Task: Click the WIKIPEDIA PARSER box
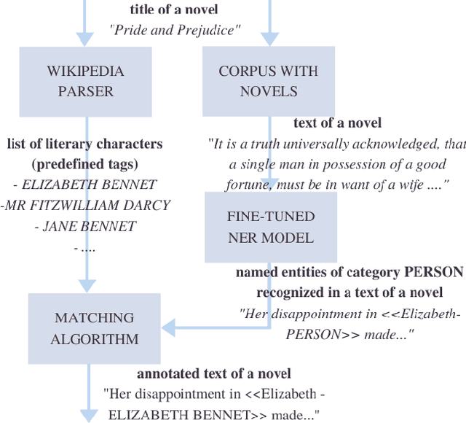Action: pyautogui.click(x=85, y=82)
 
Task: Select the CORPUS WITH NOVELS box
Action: pyautogui.click(x=269, y=82)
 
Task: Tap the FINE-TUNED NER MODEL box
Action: pyautogui.click(x=270, y=227)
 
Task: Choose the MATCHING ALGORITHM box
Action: pyautogui.click(x=94, y=328)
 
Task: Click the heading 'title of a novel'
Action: pyautogui.click(x=174, y=9)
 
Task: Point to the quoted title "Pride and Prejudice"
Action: pyautogui.click(x=175, y=30)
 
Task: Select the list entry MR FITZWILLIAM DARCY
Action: pyautogui.click(x=85, y=205)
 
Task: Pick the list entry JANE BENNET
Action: pyautogui.click(x=85, y=226)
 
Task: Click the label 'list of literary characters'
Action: pyautogui.click(x=84, y=144)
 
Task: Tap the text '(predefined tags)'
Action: pyautogui.click(x=84, y=163)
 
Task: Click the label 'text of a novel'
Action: pyautogui.click(x=337, y=123)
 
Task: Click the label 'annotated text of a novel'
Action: pyautogui.click(x=214, y=373)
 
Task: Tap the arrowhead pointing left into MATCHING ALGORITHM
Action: pyautogui.click(x=167, y=327)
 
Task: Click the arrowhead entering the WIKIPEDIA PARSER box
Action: pyautogui.click(x=85, y=39)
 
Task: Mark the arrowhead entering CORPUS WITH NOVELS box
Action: pyautogui.click(x=269, y=39)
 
